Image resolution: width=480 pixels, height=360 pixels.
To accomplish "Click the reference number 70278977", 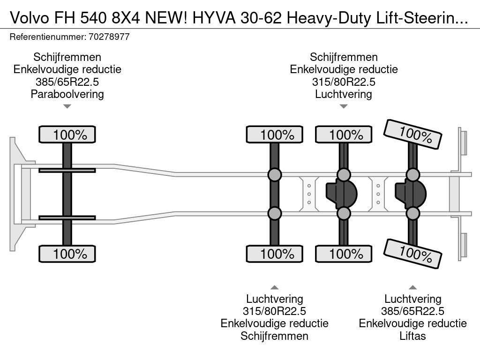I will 110,37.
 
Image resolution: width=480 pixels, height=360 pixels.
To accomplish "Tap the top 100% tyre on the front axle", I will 67,135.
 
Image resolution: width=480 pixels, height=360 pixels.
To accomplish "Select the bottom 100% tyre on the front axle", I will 67,254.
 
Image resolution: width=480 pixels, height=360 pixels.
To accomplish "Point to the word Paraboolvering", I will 67,94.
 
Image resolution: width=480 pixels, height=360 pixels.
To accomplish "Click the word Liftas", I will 412,336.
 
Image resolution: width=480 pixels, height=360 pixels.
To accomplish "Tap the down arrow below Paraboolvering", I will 67,106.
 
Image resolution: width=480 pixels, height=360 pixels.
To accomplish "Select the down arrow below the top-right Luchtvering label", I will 344,106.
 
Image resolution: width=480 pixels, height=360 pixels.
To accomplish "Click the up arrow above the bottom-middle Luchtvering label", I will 275,287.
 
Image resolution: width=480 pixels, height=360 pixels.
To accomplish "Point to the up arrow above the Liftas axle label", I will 412,287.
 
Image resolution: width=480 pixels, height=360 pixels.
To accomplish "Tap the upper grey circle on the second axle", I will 275,175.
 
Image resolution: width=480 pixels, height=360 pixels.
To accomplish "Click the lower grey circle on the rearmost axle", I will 412,214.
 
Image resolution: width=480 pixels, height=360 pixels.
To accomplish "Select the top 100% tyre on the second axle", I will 275,135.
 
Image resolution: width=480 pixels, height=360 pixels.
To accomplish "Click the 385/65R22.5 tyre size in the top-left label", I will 67,82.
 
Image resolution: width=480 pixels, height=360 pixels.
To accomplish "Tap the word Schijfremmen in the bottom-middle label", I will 275,336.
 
